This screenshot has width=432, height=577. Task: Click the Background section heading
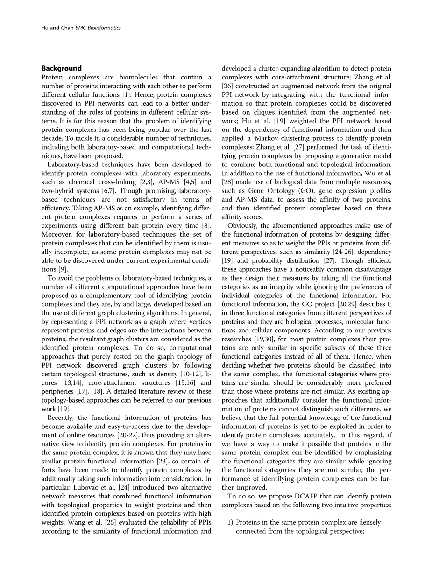tap(62, 68)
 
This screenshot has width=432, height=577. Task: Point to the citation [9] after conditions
tap(62, 269)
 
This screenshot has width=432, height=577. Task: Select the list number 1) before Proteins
tap(230, 522)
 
